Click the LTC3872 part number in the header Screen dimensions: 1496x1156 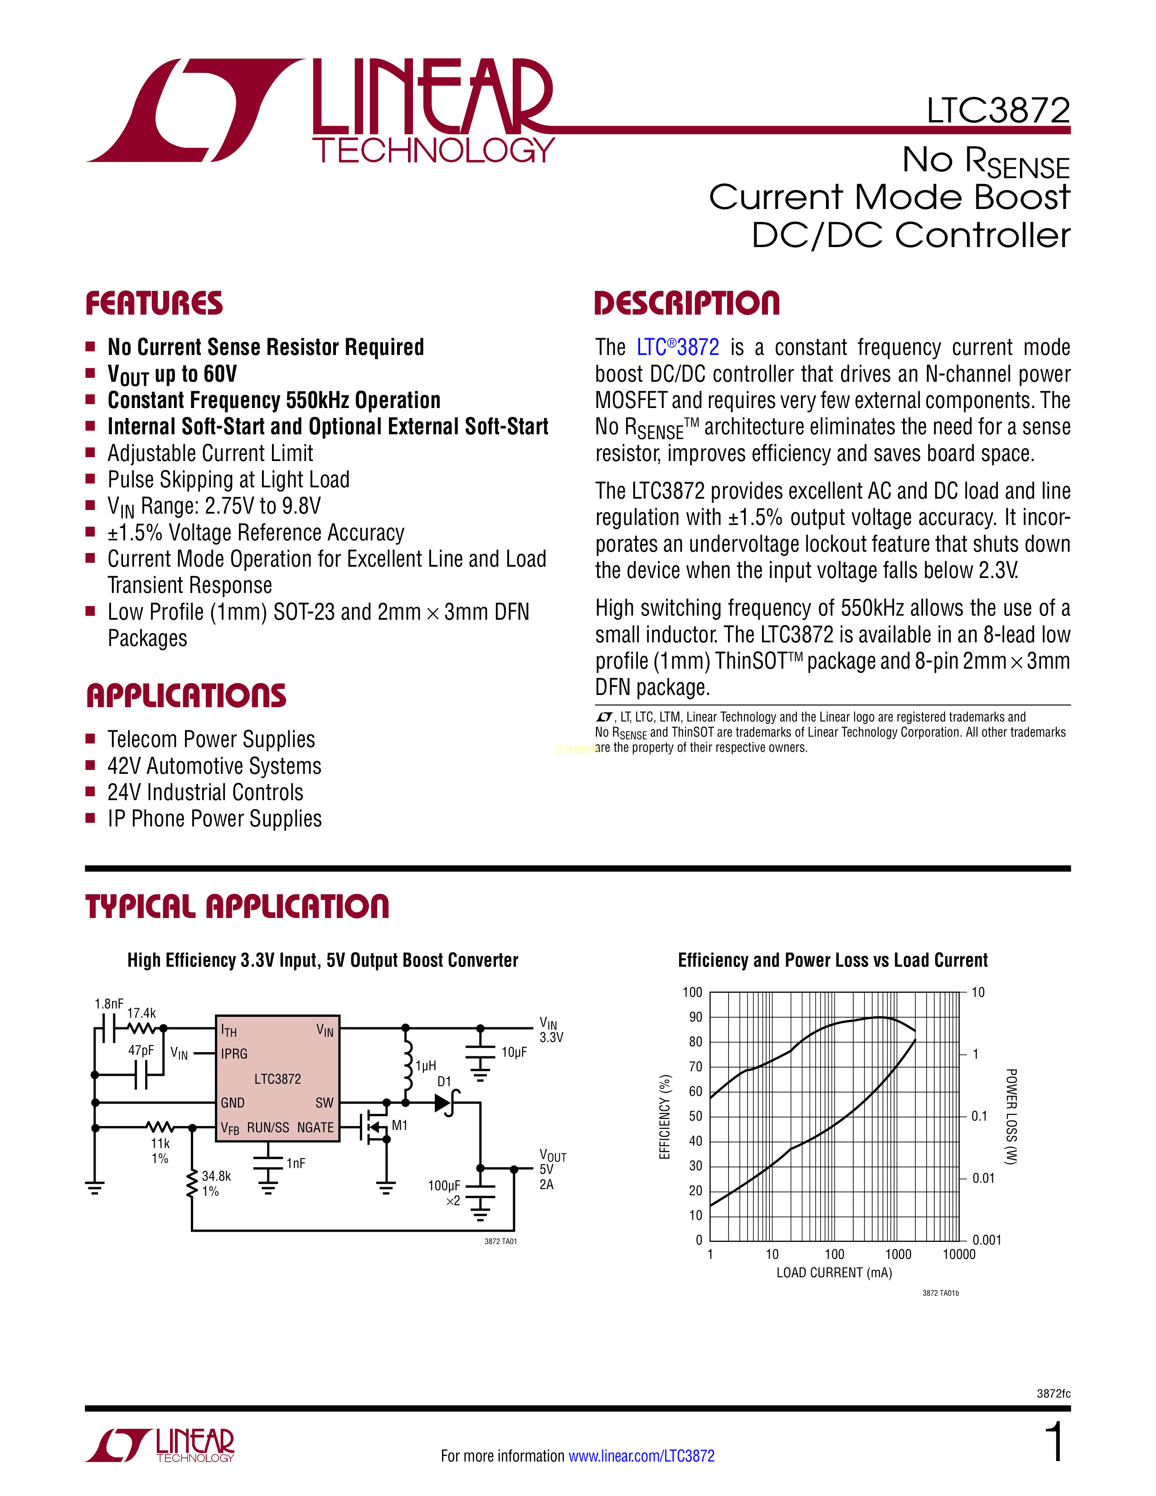pyautogui.click(x=998, y=111)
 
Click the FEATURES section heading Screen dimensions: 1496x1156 pyautogui.click(x=154, y=303)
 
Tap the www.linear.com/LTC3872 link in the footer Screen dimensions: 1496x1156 pyautogui.click(x=641, y=1456)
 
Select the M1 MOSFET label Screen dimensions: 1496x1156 pyautogui.click(x=399, y=1126)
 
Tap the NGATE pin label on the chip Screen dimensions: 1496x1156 pyautogui.click(x=315, y=1127)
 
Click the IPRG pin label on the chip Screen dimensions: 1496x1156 pyautogui.click(x=234, y=1054)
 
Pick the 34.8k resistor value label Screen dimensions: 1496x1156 pyautogui.click(x=216, y=1176)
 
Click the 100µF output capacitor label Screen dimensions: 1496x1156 pyautogui.click(x=444, y=1186)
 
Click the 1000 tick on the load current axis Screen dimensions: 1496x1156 pyautogui.click(x=898, y=1254)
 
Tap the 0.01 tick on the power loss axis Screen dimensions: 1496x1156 pyautogui.click(x=983, y=1178)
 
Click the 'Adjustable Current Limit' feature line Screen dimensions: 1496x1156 pyautogui.click(x=210, y=453)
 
